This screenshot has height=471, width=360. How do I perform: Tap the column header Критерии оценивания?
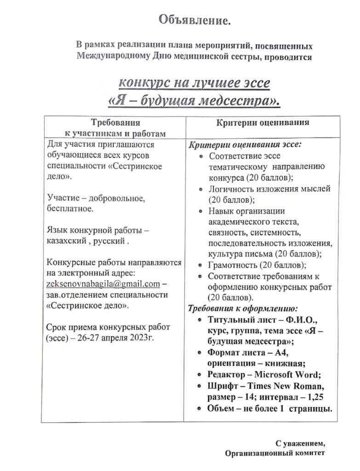coord(263,123)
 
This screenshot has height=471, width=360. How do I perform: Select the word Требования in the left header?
coord(116,123)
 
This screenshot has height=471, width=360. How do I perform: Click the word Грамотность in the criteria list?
coord(233,265)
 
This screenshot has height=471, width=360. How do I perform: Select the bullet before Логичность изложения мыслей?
coord(200,189)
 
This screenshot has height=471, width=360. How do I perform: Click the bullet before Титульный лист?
coord(198,320)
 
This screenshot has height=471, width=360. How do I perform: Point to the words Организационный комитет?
coord(275,454)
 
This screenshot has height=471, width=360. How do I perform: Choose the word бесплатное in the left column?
coord(70,209)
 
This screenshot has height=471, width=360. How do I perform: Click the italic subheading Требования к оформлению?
coord(243,308)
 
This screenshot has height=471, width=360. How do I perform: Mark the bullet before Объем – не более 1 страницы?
coord(198,408)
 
